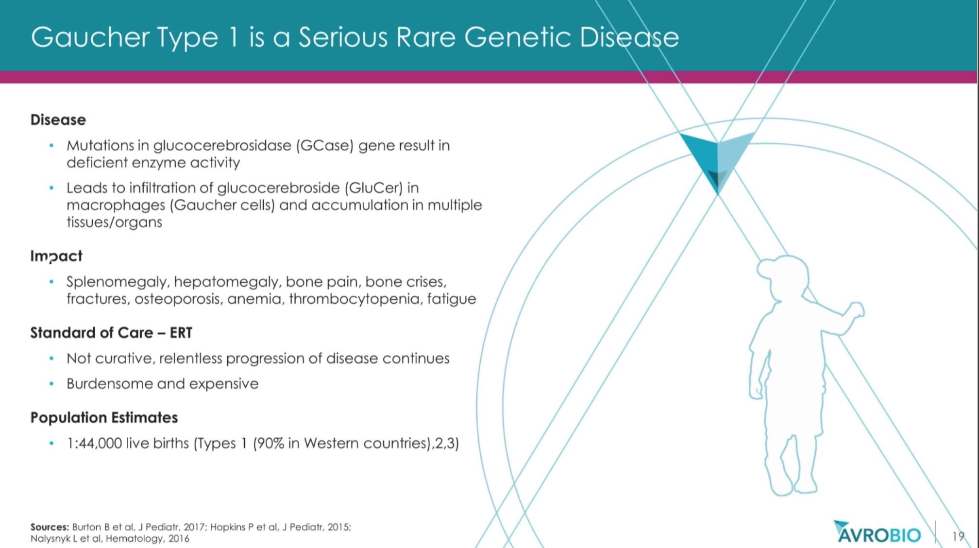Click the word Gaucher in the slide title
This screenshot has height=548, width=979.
pos(90,37)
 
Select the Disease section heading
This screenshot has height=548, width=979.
pos(58,120)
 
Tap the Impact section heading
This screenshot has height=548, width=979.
pos(56,256)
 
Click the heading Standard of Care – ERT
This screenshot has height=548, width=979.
pos(111,333)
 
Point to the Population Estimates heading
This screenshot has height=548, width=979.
pos(104,418)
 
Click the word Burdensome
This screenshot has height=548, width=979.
pos(110,384)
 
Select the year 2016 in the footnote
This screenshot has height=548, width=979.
pos(179,539)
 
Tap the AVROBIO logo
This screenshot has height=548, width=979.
pos(877,532)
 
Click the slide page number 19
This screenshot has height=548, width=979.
pos(958,536)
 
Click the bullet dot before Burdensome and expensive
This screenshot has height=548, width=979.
pos(51,384)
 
